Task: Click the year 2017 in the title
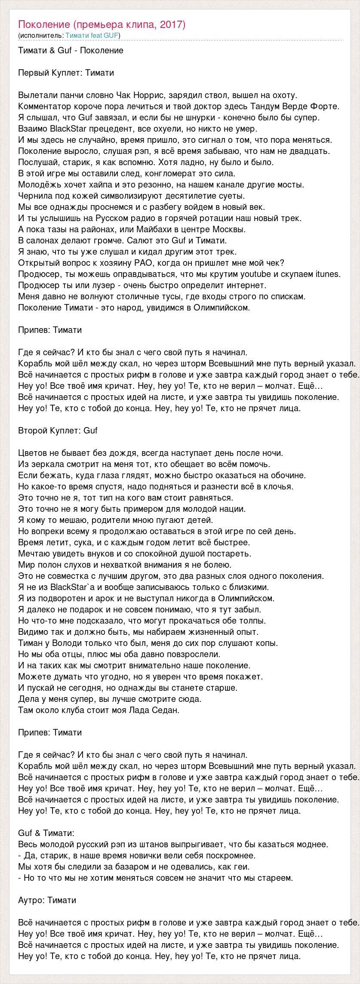[172, 25]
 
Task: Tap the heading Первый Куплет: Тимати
[67, 73]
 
